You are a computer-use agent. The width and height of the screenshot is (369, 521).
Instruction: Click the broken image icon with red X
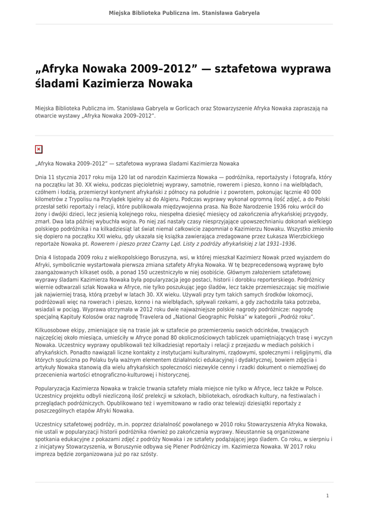39,149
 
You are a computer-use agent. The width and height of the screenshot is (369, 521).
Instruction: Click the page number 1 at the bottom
328,495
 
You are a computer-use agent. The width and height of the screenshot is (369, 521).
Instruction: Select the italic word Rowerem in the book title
104,244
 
